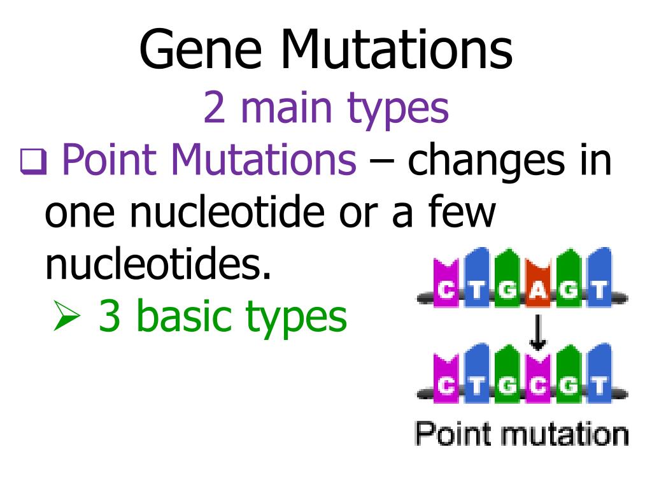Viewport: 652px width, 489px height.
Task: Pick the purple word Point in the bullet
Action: (110, 160)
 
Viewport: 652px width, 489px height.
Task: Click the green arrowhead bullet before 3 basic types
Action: (66, 316)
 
